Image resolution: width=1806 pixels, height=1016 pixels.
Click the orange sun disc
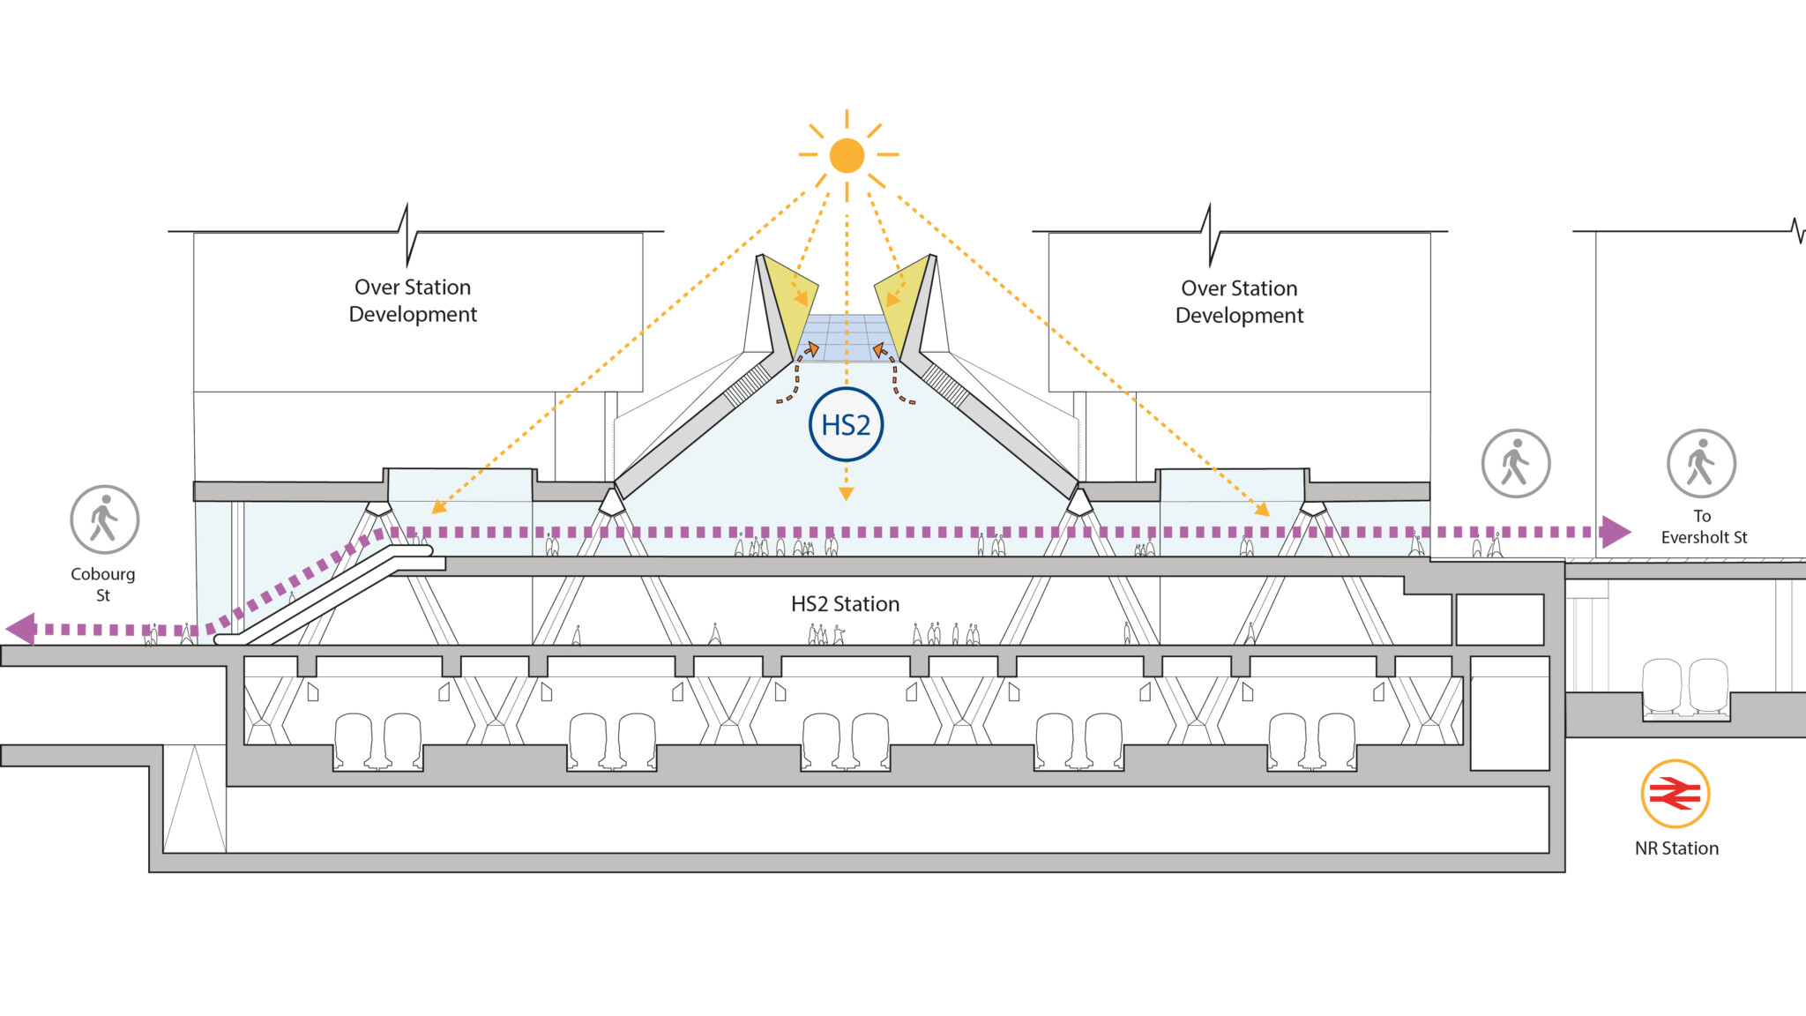coord(847,155)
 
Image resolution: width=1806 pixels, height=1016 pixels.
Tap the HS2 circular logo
coord(846,424)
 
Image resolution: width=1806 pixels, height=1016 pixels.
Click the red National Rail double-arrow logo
coord(1675,794)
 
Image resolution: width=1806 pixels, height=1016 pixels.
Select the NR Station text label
coord(1676,848)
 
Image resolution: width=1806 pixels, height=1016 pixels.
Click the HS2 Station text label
coord(845,604)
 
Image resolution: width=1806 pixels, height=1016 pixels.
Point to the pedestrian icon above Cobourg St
coord(104,519)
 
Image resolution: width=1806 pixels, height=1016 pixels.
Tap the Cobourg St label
coord(103,584)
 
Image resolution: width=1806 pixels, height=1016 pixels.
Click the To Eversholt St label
coord(1703,527)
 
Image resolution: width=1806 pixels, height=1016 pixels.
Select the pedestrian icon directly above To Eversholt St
coord(1701,463)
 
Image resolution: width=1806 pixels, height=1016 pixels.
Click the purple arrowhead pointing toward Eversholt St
coord(1616,532)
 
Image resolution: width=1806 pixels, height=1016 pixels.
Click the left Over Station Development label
coord(413,301)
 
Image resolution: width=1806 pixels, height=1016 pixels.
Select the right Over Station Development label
coord(1239,302)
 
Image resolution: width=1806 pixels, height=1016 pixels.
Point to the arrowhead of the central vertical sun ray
coord(846,494)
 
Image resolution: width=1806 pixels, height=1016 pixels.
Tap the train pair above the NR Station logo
coord(1684,686)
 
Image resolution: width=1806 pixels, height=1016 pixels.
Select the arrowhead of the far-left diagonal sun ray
coord(437,507)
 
